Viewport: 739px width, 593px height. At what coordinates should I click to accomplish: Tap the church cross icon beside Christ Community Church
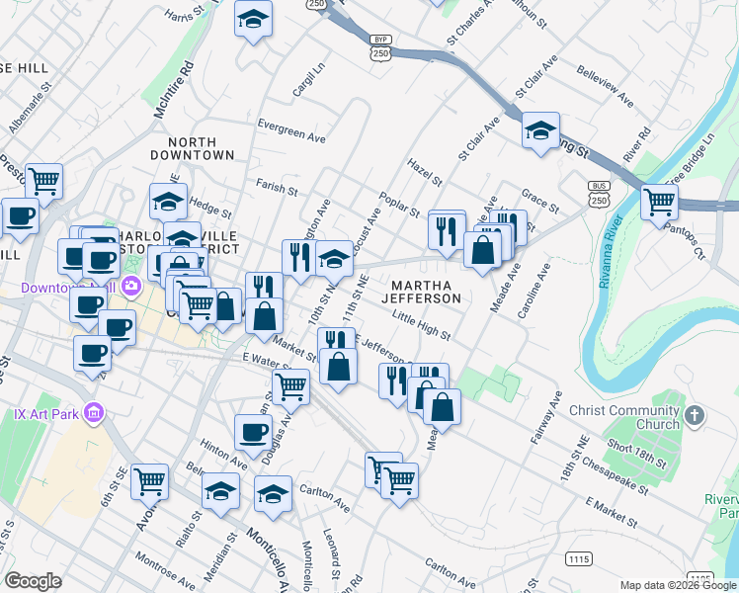(x=694, y=415)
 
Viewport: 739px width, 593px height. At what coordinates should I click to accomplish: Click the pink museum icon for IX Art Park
(x=95, y=411)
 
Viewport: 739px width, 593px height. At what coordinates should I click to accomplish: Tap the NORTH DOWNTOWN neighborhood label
(x=193, y=148)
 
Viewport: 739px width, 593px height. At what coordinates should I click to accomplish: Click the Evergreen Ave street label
(x=291, y=126)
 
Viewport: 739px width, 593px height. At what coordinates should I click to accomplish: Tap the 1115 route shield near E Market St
(x=581, y=559)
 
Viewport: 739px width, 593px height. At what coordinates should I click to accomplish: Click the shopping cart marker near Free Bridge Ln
(x=659, y=202)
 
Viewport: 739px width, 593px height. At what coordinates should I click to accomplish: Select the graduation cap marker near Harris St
(x=253, y=18)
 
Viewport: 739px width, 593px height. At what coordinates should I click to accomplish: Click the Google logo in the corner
(x=33, y=581)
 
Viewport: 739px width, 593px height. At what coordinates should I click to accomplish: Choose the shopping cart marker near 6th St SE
(x=150, y=481)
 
